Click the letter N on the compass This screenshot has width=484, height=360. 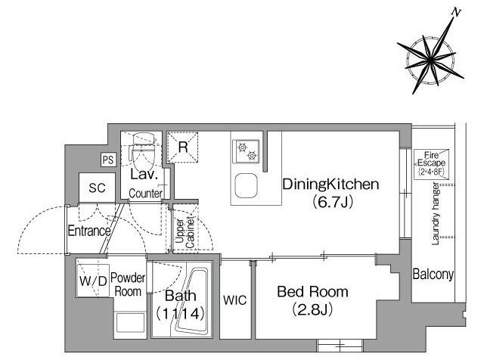455,12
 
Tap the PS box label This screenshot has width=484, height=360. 108,160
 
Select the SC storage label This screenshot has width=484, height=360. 97,188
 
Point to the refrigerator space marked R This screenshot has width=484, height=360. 183,147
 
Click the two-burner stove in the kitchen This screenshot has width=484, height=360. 247,151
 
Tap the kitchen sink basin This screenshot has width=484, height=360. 246,186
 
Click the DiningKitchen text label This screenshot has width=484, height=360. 330,185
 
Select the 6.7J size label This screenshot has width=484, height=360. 333,202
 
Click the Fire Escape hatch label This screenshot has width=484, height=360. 431,163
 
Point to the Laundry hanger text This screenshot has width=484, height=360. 436,213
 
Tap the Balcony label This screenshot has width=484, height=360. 433,275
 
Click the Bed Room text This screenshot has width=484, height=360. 312,292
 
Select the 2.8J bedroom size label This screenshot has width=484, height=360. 312,309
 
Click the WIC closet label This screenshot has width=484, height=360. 235,299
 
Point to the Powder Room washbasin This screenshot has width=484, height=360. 130,323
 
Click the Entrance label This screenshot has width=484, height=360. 89,231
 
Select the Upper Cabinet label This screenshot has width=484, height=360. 185,234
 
